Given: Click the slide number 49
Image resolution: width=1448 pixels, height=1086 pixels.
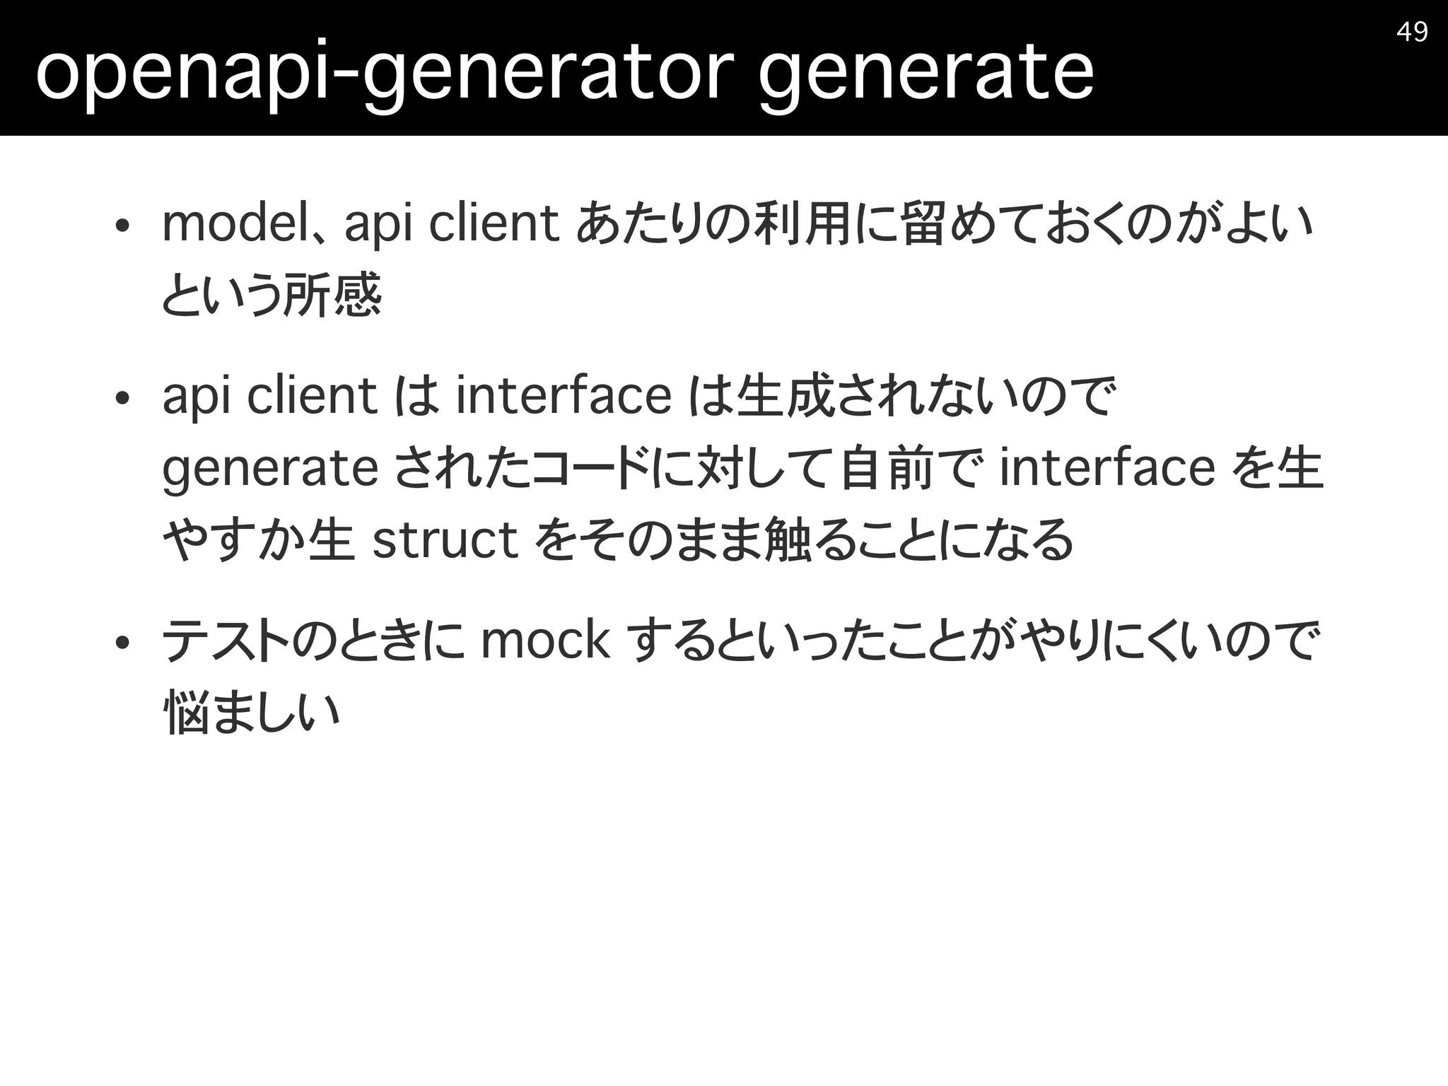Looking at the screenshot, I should click(x=1412, y=32).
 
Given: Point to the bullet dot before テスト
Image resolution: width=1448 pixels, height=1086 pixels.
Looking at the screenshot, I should click(x=122, y=643).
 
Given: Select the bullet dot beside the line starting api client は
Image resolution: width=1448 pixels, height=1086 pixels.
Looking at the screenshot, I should click(x=122, y=398).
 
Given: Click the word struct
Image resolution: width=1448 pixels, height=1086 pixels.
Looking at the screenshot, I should click(x=445, y=540).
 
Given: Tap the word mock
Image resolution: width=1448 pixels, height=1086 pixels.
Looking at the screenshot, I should click(x=544, y=641).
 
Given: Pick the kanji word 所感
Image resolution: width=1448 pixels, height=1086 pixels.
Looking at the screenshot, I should click(x=332, y=296).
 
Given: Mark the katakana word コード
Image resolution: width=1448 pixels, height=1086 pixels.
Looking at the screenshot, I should click(x=590, y=468).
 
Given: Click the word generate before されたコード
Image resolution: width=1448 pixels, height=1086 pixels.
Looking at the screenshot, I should click(x=270, y=469).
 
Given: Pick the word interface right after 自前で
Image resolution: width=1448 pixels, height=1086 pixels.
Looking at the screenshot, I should click(x=1107, y=468).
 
